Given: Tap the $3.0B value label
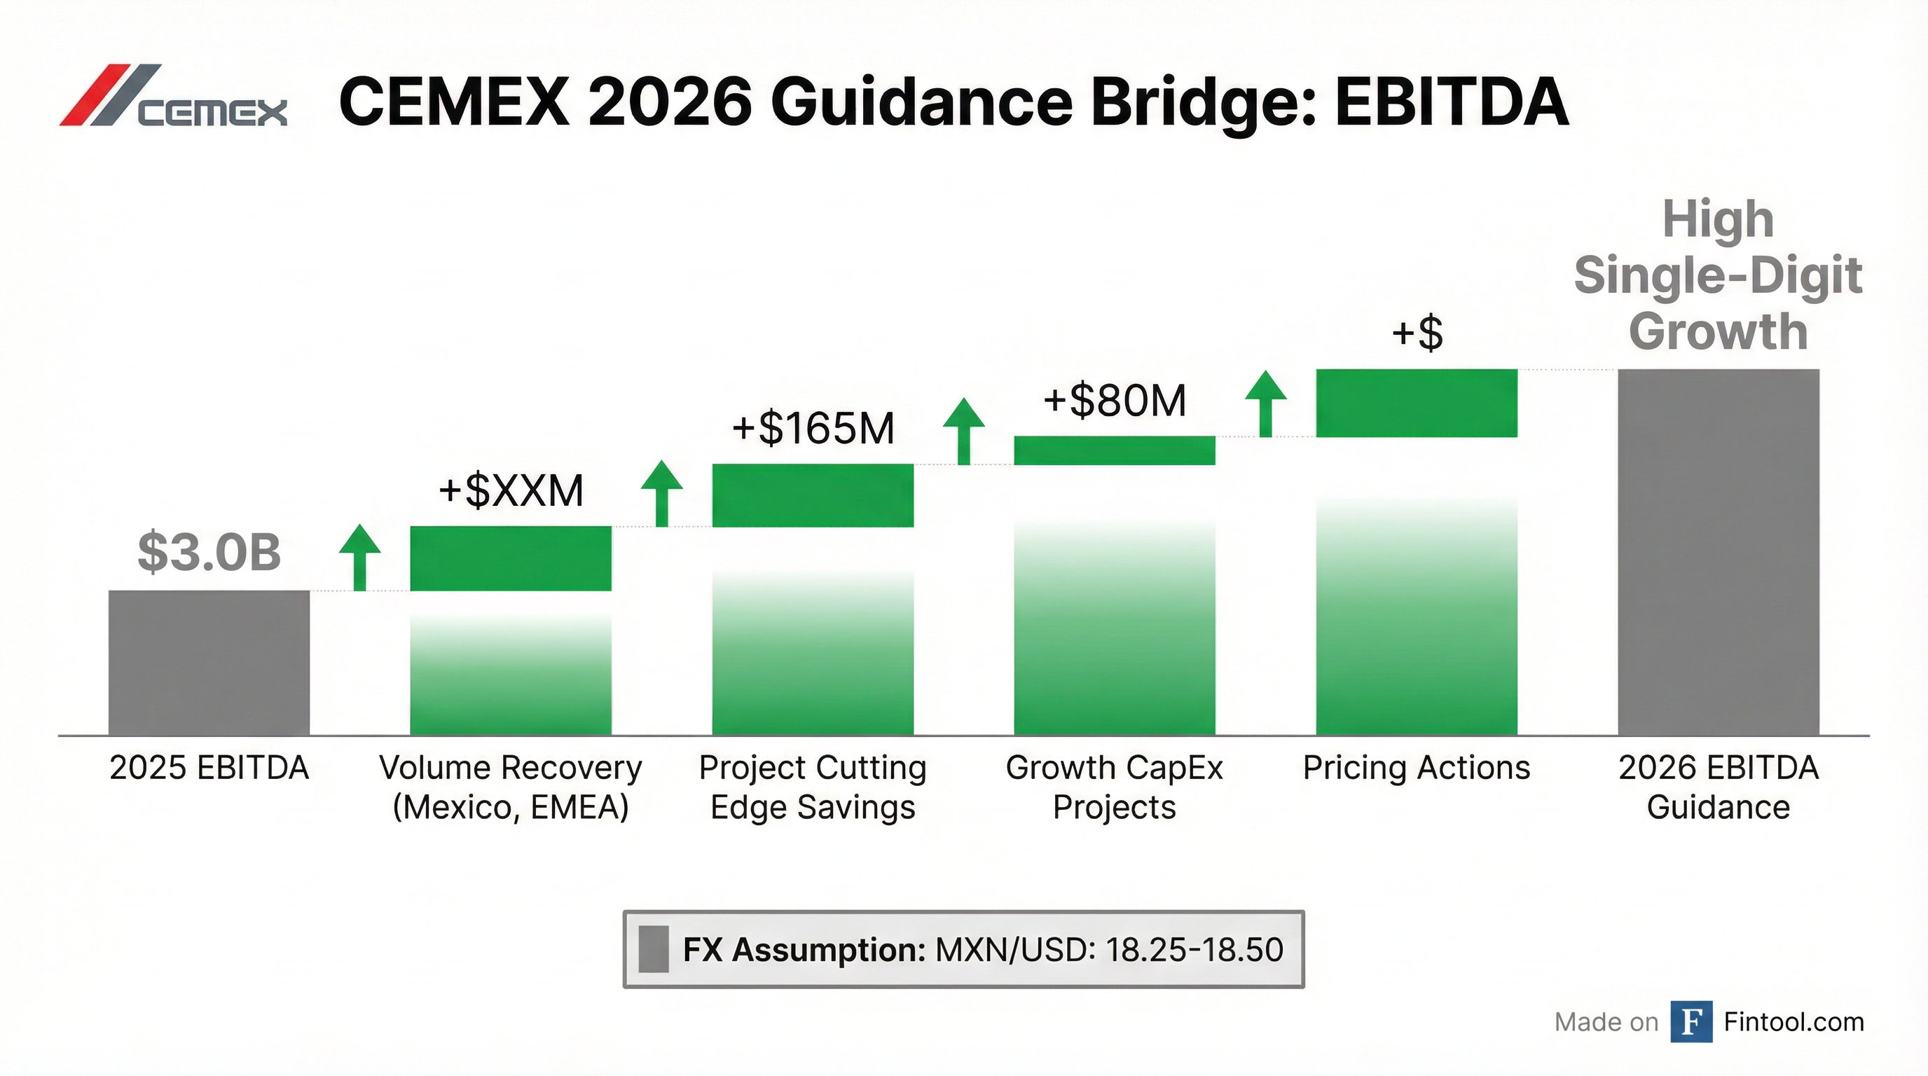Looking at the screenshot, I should click(209, 552).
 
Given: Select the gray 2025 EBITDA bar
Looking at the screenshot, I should click(209, 662).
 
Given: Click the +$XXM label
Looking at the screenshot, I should click(511, 491).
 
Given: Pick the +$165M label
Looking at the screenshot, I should click(813, 429).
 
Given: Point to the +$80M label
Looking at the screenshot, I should click(1115, 400).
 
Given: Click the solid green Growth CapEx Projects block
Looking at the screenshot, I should click(1115, 450).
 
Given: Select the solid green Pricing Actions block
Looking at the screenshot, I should click(1416, 403).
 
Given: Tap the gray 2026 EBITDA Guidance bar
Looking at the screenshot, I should click(1719, 551).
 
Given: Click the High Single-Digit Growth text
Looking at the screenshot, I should click(1719, 275).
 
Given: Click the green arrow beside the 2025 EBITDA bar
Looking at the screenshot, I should click(359, 557).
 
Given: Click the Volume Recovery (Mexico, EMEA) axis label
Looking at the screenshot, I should click(511, 787).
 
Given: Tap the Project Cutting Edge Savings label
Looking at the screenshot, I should click(813, 787).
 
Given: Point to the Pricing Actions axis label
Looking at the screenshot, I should click(1416, 768).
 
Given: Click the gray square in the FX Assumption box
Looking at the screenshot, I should click(654, 949).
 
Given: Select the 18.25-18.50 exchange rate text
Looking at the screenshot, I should click(1194, 949).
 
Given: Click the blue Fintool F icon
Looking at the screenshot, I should click(1691, 1021).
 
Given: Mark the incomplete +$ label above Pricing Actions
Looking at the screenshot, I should click(1416, 333).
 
